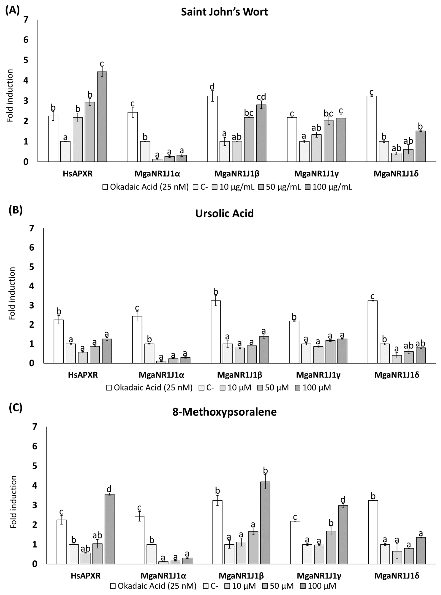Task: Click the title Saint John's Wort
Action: pyautogui.click(x=224, y=12)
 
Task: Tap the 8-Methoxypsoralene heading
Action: pyautogui.click(x=224, y=412)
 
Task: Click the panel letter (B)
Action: pyautogui.click(x=15, y=210)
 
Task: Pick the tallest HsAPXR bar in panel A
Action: pyautogui.click(x=102, y=117)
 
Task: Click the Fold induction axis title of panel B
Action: pyautogui.click(x=12, y=293)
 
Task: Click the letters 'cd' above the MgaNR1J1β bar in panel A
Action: pyautogui.click(x=261, y=97)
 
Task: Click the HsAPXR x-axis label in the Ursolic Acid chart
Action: pyautogui.click(x=83, y=375)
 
